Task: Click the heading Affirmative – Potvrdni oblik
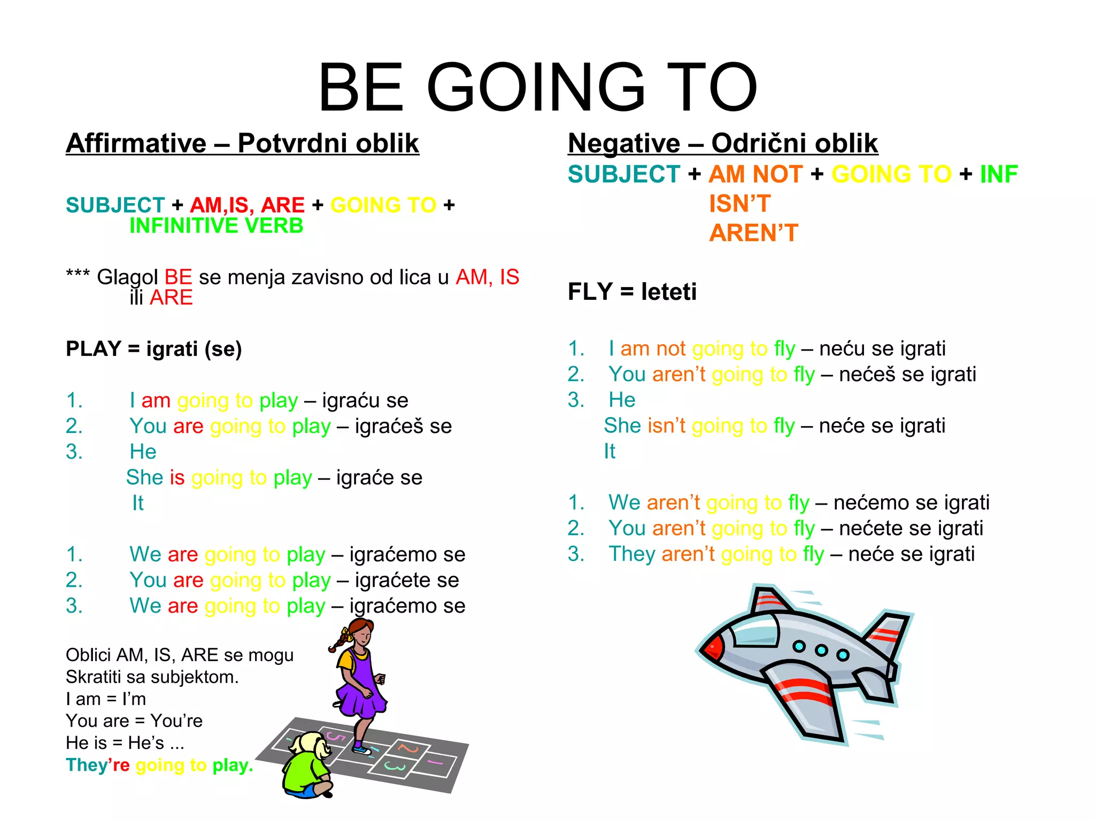click(242, 143)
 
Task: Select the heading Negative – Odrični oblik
click(722, 143)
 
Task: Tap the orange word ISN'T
click(739, 204)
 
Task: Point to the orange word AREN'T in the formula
click(753, 233)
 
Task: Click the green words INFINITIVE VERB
click(216, 226)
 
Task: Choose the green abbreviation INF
click(998, 174)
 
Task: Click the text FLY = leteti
click(632, 292)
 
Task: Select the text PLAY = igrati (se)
click(154, 349)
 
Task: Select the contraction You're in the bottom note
click(176, 721)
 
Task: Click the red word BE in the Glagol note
click(178, 277)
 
